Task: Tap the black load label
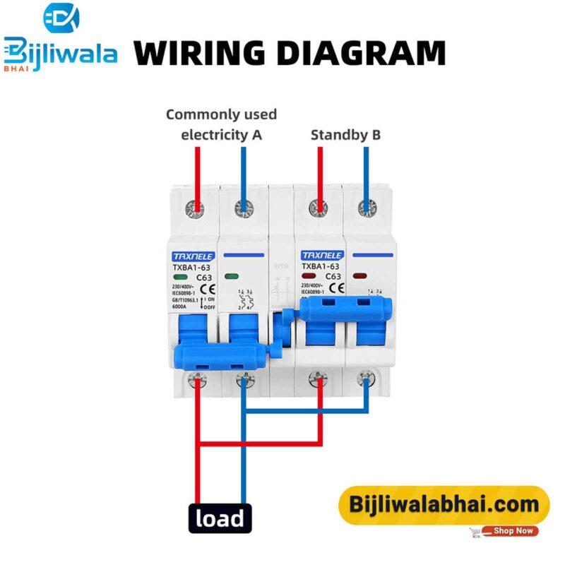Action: (220, 519)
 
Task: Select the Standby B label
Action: (345, 134)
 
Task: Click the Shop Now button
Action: (513, 530)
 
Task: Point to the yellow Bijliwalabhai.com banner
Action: (443, 505)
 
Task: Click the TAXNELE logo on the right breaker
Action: (321, 256)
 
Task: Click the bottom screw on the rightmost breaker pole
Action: (366, 379)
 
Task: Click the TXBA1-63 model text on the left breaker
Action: (185, 267)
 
